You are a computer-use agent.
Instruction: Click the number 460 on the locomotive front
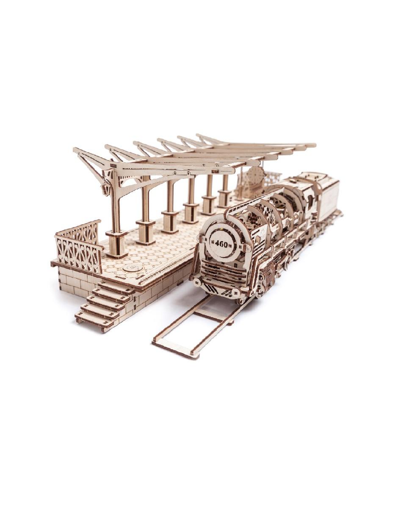(x=221, y=244)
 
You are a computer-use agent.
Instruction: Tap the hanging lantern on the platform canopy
(x=105, y=189)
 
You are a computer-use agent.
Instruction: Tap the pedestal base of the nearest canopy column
(x=116, y=245)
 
